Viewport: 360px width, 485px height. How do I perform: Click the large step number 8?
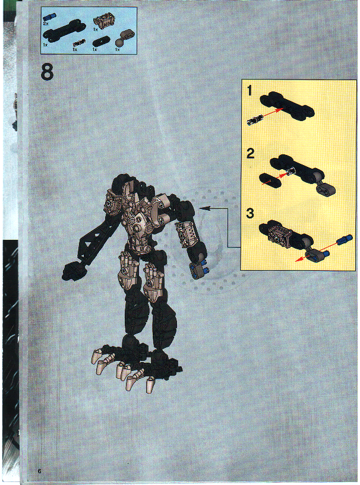pyautogui.click(x=48, y=72)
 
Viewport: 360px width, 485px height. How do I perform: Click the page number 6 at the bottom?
pyautogui.click(x=39, y=471)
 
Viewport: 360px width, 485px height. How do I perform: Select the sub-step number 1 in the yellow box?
pyautogui.click(x=251, y=91)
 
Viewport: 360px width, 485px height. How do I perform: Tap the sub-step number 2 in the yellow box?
pyautogui.click(x=251, y=153)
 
